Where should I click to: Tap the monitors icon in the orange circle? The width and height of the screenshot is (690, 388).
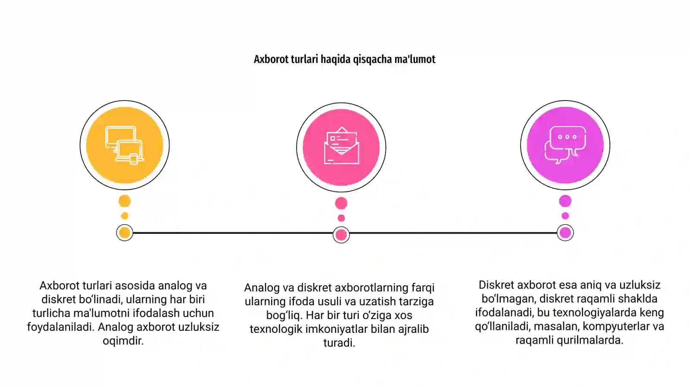pos(125,145)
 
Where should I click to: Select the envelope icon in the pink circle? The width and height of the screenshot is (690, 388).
pos(341,146)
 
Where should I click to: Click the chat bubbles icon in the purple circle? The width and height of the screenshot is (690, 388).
pos(565,145)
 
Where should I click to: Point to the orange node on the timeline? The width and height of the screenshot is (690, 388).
pos(125,233)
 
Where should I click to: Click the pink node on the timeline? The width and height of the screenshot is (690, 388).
pos(341,235)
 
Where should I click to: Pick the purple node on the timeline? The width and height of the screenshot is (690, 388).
pos(565,233)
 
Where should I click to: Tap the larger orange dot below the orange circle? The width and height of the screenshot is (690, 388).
pos(125,201)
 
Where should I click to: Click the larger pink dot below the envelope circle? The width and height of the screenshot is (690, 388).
pos(341,203)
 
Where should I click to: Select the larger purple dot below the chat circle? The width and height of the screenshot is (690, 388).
pos(565,201)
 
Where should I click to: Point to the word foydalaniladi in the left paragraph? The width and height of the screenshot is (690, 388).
pos(61,327)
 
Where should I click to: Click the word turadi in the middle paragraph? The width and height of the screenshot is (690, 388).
pos(339,343)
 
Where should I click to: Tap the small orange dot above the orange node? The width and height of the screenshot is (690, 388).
pos(125,216)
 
